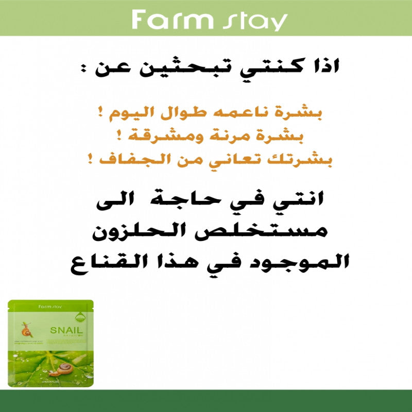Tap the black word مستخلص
(289, 231)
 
